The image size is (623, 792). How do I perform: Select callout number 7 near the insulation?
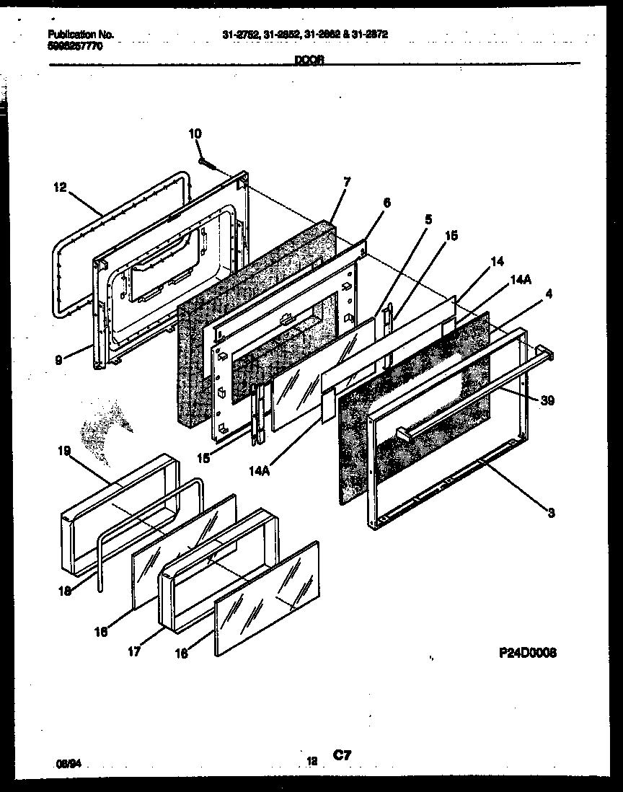pyautogui.click(x=346, y=182)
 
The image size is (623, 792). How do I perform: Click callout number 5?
pyautogui.click(x=428, y=219)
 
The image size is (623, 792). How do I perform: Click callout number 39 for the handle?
pyautogui.click(x=547, y=401)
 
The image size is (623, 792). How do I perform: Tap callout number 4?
pyautogui.click(x=549, y=294)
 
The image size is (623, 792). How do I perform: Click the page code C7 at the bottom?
pyautogui.click(x=342, y=755)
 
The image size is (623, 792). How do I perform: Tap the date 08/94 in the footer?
pyautogui.click(x=67, y=760)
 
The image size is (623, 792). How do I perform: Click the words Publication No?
pyautogui.click(x=80, y=34)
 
